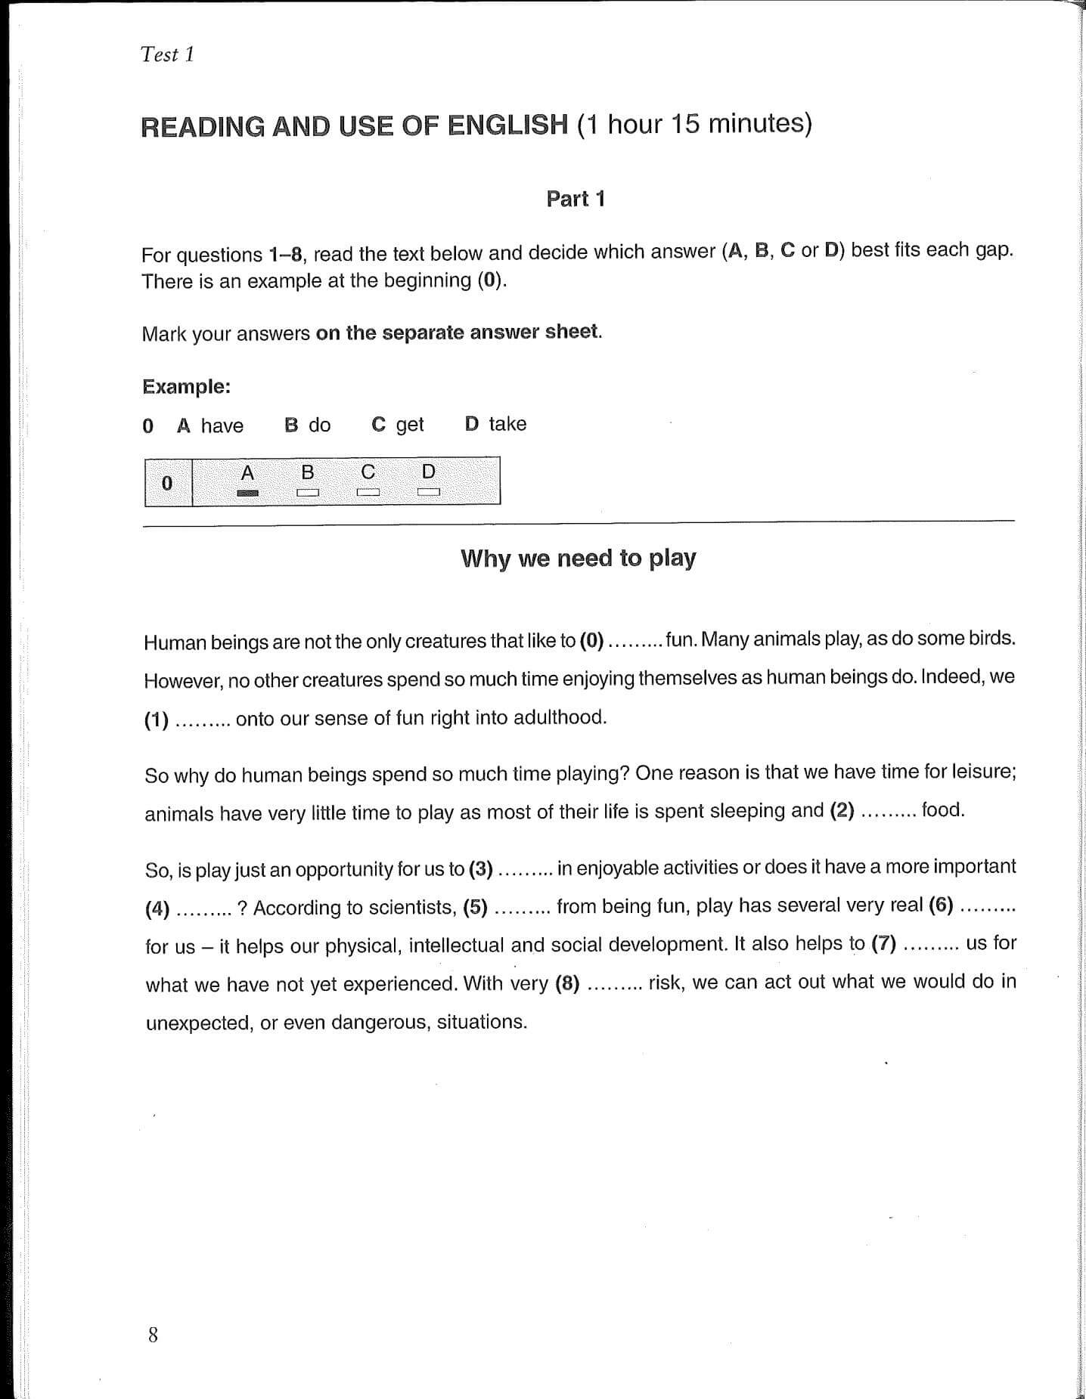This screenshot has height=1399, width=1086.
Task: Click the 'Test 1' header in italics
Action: click(x=167, y=54)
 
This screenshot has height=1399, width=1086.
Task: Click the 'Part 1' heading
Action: click(x=576, y=199)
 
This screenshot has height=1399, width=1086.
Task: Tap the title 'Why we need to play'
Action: click(x=578, y=559)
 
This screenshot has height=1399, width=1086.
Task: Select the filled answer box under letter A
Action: click(x=247, y=493)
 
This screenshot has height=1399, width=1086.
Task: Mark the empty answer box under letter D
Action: click(x=429, y=493)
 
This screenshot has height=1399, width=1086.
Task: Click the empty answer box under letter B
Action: click(x=308, y=493)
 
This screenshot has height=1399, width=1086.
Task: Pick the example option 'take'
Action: click(x=507, y=424)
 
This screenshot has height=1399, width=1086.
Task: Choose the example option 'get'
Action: click(x=409, y=425)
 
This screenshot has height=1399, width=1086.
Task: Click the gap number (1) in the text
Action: click(x=157, y=720)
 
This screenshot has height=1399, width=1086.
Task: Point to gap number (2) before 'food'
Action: click(x=842, y=811)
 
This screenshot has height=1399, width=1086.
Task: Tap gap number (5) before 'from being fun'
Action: click(x=475, y=906)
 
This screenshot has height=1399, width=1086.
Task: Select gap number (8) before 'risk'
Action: click(x=567, y=983)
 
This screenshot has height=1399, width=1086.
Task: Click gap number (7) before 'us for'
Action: click(x=883, y=943)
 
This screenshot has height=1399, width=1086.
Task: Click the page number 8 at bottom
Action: click(x=154, y=1336)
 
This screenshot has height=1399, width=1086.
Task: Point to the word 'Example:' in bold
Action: click(x=186, y=387)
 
